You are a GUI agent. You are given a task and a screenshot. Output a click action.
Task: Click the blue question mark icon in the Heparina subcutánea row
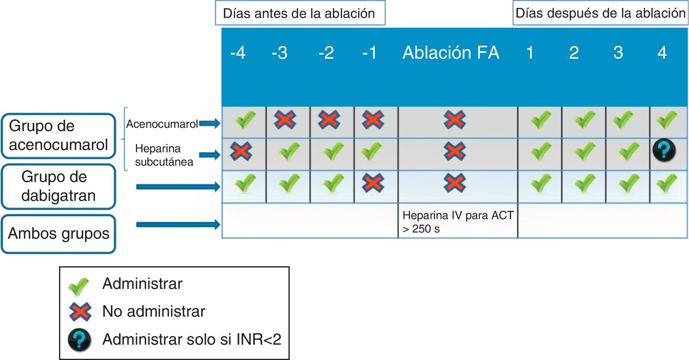(664, 150)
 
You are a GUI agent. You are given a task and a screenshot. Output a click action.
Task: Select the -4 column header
(238, 53)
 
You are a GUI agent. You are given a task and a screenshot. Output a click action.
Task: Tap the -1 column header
(369, 53)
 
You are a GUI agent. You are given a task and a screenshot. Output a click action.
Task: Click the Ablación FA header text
(451, 53)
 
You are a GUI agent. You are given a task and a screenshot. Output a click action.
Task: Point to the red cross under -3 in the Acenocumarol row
(285, 120)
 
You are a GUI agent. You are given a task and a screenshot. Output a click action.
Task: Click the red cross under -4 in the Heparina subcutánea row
(241, 151)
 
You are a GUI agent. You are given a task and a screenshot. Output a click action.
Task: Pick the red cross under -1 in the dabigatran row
(373, 183)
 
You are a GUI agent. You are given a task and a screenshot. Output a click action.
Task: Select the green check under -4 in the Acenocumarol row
(245, 120)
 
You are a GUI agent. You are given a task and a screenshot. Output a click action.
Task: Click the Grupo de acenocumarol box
(58, 136)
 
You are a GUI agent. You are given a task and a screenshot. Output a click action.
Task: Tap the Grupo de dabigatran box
(58, 186)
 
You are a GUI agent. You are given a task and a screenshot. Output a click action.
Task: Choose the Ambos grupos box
(58, 234)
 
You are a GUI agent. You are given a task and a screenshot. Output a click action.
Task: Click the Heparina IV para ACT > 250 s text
(457, 222)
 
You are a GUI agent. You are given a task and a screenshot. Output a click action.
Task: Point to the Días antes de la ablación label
(299, 13)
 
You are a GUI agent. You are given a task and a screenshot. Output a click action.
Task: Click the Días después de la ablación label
(600, 13)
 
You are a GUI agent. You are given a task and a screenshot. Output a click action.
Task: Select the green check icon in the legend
(78, 286)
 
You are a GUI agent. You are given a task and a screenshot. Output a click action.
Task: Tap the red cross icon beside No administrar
(80, 312)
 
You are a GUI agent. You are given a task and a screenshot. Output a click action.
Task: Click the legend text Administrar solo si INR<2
(191, 339)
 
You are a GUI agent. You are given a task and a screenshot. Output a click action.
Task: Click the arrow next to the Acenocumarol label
(210, 124)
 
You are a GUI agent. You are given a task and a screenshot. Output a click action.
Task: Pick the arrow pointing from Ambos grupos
(178, 224)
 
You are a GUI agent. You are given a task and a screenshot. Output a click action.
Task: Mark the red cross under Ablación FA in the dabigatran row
(454, 183)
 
